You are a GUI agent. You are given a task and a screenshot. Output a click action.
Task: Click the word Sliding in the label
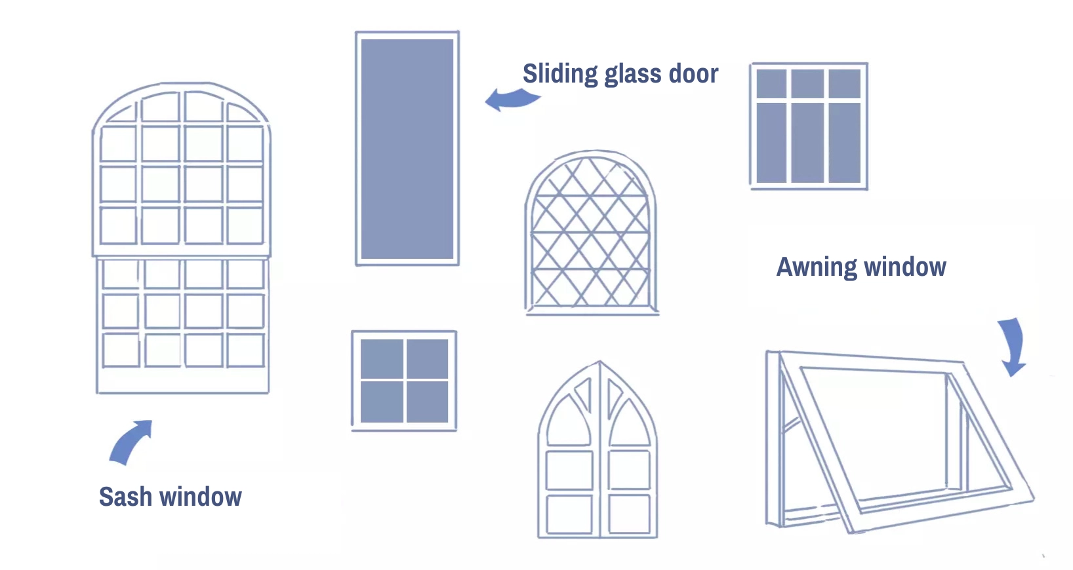[x=559, y=74]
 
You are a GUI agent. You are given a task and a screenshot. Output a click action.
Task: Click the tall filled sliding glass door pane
[x=407, y=149]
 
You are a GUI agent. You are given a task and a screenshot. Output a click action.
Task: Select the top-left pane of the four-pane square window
[x=382, y=358]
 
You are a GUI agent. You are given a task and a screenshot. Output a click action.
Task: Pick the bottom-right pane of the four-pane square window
[x=427, y=402]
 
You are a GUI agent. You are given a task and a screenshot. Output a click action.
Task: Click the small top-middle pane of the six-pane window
[x=807, y=84]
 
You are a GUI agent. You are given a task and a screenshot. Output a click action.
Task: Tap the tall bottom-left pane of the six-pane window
[x=771, y=142]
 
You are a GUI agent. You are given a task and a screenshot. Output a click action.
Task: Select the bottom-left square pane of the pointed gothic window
[x=569, y=513]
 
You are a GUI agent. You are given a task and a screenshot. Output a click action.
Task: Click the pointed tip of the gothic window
[x=599, y=363]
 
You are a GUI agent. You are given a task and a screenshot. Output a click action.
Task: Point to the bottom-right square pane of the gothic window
[x=629, y=513]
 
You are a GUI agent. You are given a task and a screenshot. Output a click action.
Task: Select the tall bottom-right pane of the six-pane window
[x=844, y=142]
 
